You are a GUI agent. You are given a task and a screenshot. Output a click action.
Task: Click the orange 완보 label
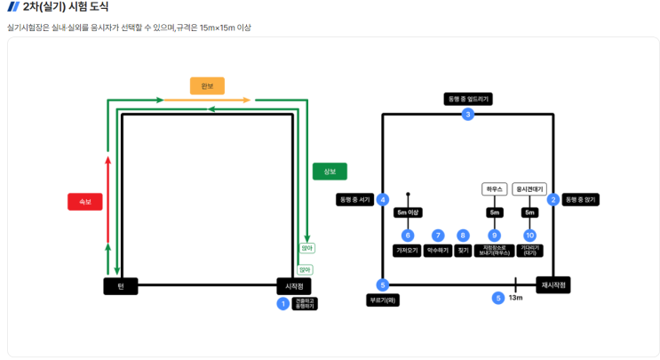pos(207,86)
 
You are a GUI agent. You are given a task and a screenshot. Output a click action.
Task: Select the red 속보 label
pos(85,202)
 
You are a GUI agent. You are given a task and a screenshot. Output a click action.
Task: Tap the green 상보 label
pos(330,172)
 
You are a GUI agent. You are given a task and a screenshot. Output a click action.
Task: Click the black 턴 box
pos(120,286)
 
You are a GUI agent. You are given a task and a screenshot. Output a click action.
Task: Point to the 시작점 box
pos(294,286)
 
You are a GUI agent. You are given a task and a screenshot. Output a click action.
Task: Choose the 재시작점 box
pos(553,285)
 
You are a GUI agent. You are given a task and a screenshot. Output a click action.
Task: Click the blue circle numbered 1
pos(283,304)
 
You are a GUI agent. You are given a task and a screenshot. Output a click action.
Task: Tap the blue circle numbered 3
pos(468,114)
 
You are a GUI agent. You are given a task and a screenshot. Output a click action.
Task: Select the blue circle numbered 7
pos(437,236)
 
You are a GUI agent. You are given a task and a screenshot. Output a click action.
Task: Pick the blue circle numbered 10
pos(530,236)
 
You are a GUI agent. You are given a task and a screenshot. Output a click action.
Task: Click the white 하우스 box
pos(494,189)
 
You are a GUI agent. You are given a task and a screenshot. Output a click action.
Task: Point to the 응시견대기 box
pos(530,189)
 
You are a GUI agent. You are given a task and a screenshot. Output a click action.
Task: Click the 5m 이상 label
pos(408,212)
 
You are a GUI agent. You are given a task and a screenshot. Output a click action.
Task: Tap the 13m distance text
pos(516,298)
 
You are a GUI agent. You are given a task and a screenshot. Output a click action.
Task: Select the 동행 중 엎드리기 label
pos(468,99)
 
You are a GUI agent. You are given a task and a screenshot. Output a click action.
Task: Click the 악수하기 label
pos(437,251)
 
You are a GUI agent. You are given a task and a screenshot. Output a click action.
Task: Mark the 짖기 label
pos(463,251)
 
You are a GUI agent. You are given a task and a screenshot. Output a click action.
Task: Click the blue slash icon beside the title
pos(12,7)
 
